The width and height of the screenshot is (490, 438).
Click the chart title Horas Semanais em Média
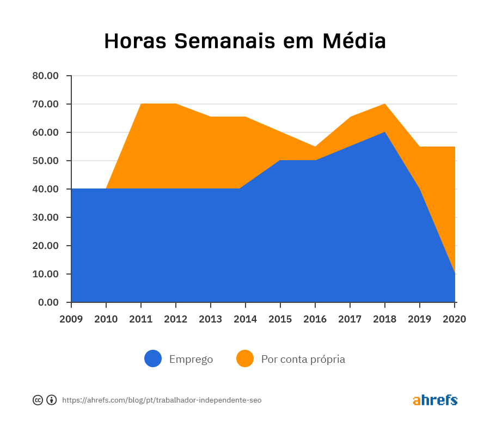(245, 41)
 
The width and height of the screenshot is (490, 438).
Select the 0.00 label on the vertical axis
(48, 302)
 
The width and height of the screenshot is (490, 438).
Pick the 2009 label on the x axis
(71, 319)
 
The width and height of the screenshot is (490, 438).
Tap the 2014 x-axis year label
(246, 319)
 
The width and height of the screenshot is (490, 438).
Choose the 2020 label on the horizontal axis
(455, 319)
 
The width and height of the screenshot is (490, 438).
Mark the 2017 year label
(350, 319)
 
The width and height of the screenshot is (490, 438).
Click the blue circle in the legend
(153, 358)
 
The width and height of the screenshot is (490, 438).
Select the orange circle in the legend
(245, 358)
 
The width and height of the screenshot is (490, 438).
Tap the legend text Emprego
(191, 360)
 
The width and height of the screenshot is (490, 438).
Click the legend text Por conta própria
(303, 360)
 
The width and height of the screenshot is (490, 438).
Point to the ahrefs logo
(435, 400)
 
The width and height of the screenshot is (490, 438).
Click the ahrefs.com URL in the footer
(162, 400)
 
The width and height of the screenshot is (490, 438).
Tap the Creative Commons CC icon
(38, 400)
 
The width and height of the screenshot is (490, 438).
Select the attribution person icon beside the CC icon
(52, 400)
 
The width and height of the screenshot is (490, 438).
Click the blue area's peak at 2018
(385, 133)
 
